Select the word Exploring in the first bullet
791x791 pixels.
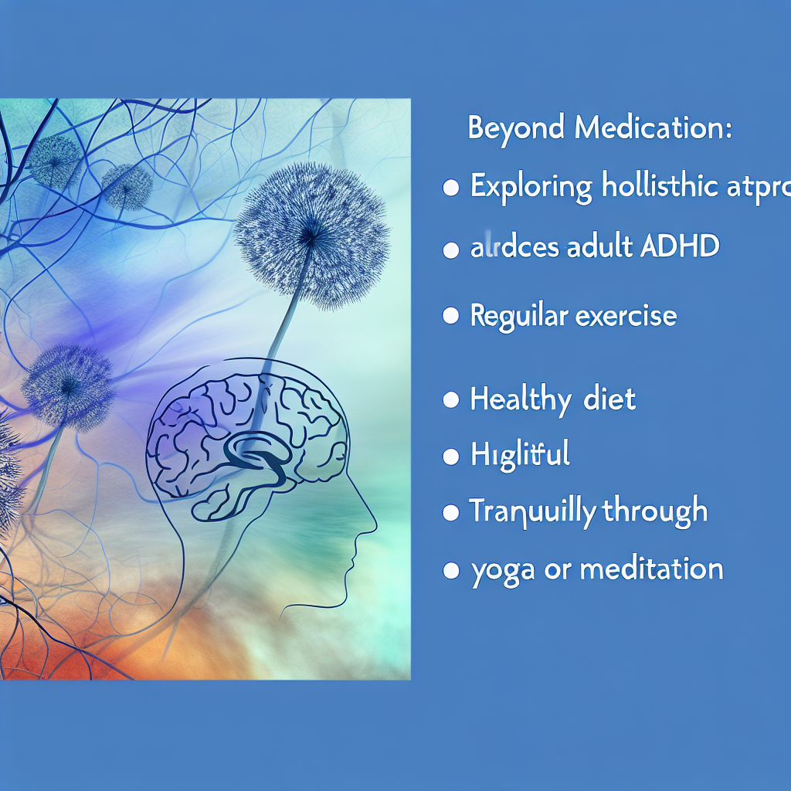(x=531, y=188)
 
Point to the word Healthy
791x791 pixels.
(x=518, y=400)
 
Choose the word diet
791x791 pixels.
(x=609, y=400)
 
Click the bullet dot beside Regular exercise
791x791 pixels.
(x=450, y=317)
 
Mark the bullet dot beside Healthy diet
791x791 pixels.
(x=450, y=400)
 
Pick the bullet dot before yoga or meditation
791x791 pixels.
(x=450, y=572)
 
